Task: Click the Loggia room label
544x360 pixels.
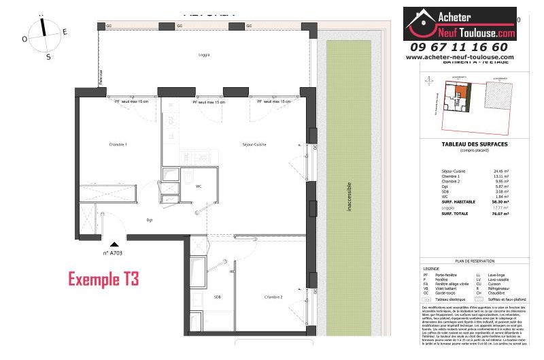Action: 203,55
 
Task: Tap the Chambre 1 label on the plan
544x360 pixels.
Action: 118,145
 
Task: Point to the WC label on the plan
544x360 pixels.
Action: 199,186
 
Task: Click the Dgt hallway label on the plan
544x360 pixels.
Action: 149,220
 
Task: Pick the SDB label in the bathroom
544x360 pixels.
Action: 217,297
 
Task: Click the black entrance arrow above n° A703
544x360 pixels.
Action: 114,243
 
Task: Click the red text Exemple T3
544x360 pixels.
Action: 103,278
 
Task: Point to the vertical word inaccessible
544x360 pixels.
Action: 349,197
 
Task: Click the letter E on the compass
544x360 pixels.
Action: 65,32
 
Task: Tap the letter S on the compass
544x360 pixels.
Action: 48,57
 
